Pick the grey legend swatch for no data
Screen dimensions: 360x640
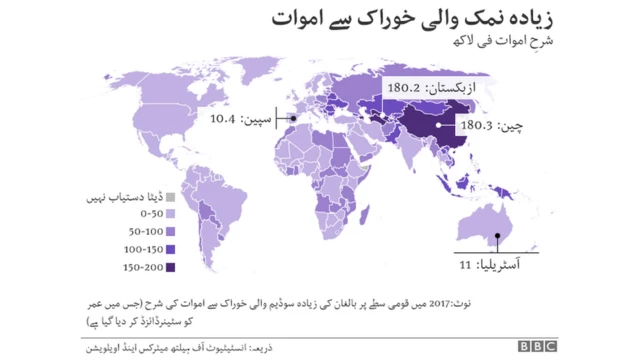tap(171, 196)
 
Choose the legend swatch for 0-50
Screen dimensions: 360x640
tap(171, 214)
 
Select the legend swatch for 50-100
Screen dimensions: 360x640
tap(171, 231)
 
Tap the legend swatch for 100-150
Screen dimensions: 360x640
tap(171, 249)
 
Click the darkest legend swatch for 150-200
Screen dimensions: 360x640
tap(171, 266)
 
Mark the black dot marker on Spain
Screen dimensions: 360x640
tap(294, 118)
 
